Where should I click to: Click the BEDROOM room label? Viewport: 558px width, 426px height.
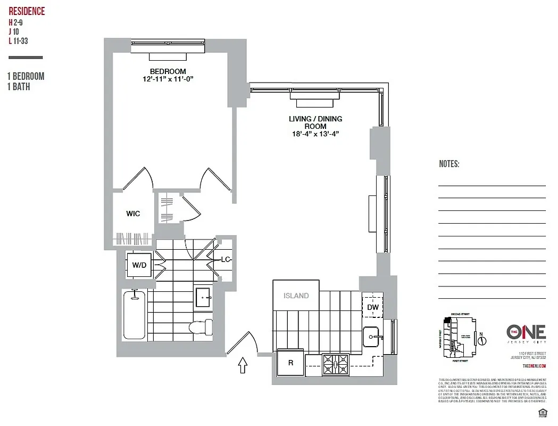click(x=168, y=71)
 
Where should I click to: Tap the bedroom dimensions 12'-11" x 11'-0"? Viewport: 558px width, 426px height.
click(x=168, y=79)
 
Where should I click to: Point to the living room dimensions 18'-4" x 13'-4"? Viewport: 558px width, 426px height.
click(x=315, y=134)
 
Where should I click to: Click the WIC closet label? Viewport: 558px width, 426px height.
click(x=133, y=214)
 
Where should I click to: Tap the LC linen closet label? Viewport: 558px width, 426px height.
click(x=225, y=260)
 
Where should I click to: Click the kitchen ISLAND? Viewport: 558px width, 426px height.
click(x=296, y=296)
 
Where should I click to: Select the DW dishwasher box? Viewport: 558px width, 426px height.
click(x=372, y=307)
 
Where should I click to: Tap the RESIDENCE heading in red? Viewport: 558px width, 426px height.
click(x=27, y=11)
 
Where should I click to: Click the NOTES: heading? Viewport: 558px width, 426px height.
click(x=449, y=164)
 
